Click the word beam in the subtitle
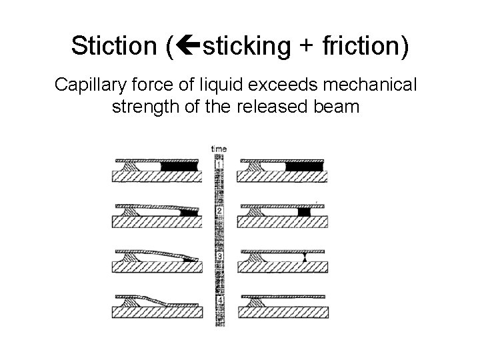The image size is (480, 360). coord(337,107)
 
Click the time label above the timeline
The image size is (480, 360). coord(218,149)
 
